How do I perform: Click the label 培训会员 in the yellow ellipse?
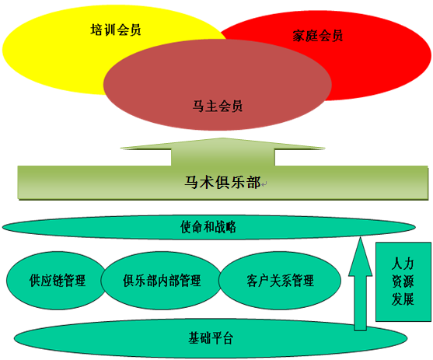[116, 30]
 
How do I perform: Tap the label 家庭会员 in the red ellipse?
[318, 36]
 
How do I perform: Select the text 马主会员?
[218, 106]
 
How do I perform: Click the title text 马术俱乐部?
[222, 182]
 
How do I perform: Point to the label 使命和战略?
[208, 227]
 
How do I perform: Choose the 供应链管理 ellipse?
[57, 281]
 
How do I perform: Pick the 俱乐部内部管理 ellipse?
[161, 281]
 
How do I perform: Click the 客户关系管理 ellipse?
[280, 281]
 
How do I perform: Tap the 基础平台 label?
[211, 338]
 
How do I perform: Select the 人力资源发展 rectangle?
[403, 281]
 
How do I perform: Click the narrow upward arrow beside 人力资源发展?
[360, 284]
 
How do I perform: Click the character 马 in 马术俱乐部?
[192, 182]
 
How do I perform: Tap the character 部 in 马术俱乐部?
[253, 182]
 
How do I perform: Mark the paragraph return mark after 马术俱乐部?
[264, 184]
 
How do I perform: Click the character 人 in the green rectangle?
[396, 264]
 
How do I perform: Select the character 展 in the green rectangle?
[408, 299]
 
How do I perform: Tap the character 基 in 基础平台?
[194, 338]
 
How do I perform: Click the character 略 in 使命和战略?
[231, 227]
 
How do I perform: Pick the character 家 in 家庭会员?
[299, 36]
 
